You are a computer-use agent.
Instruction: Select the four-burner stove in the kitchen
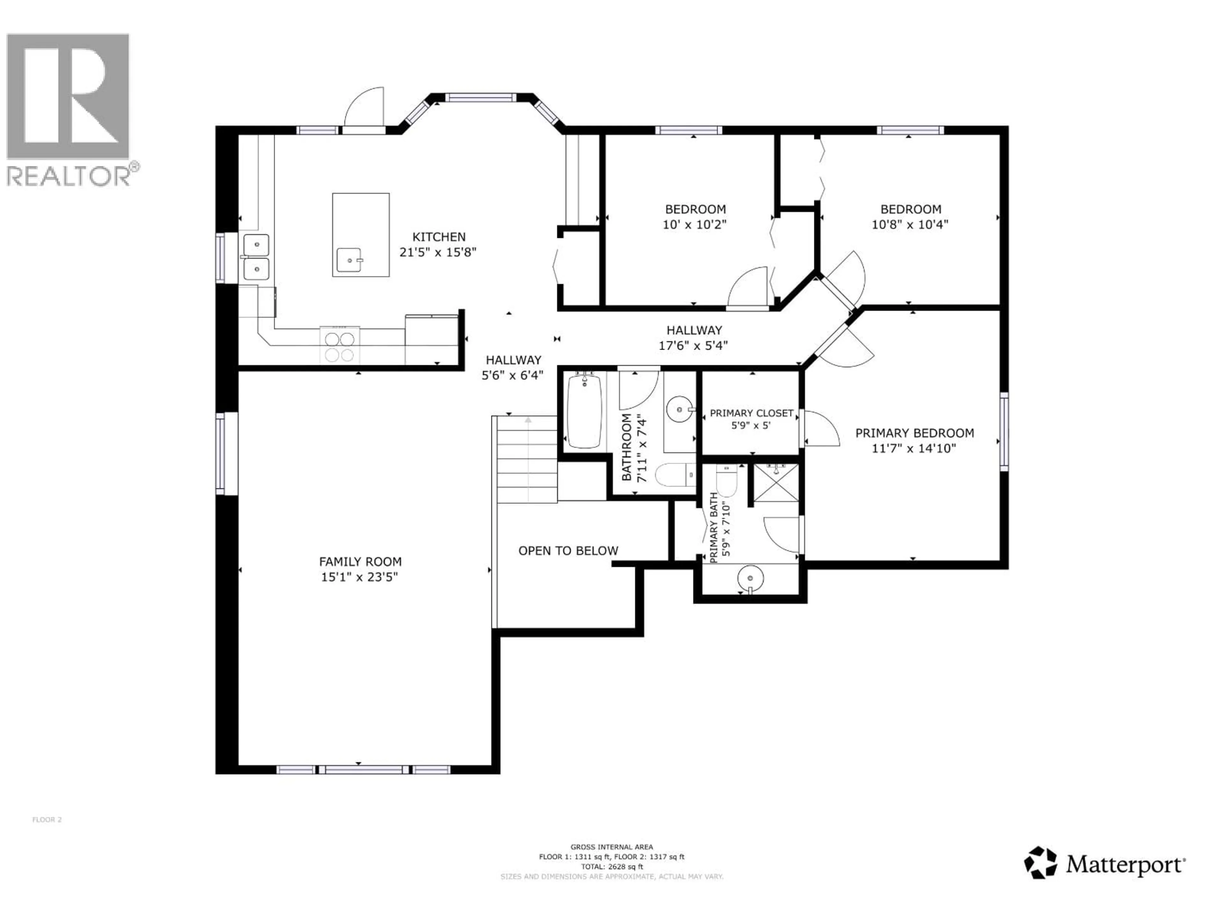pyautogui.click(x=339, y=346)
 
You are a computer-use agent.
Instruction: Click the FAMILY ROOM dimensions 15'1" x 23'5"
pyautogui.click(x=359, y=577)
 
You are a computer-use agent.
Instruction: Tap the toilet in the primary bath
pyautogui.click(x=726, y=481)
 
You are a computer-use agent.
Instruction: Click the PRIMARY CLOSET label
pyautogui.click(x=751, y=413)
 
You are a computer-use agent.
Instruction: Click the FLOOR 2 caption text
pyautogui.click(x=47, y=820)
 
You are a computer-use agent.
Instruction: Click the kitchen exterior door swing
pyautogui.click(x=364, y=108)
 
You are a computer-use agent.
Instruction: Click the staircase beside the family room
pyautogui.click(x=527, y=459)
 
